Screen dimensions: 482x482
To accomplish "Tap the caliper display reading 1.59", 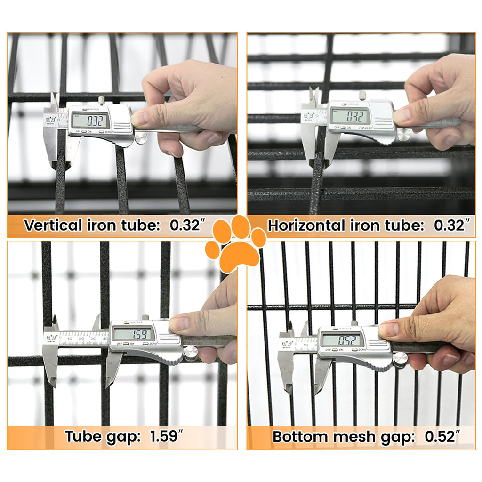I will [x=132, y=334].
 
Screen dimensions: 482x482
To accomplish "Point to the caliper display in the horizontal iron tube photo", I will [x=349, y=116].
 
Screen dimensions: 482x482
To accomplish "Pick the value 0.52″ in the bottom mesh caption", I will [x=443, y=436].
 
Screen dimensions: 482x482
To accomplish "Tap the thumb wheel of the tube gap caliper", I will [x=191, y=353].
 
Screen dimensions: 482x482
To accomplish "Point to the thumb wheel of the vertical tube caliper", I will [x=140, y=137].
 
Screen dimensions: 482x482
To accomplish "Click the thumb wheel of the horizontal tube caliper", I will [x=403, y=134].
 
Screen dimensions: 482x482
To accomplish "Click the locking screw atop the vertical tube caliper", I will [x=101, y=100].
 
